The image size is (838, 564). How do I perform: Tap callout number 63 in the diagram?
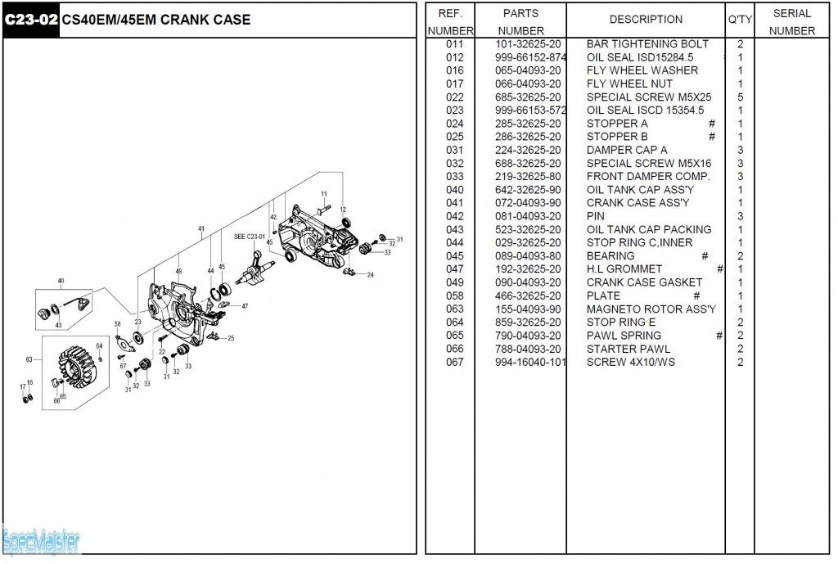(29, 359)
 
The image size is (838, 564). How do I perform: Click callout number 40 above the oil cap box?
(61, 281)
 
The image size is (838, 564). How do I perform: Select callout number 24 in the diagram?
(370, 275)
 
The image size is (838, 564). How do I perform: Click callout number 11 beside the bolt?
(324, 194)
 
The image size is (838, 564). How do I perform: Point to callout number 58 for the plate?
(118, 324)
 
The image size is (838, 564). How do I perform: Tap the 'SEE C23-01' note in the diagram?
(249, 237)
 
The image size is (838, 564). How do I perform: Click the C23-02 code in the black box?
(31, 20)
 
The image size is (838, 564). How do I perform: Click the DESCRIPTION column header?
(646, 20)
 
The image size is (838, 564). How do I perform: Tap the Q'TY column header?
(740, 20)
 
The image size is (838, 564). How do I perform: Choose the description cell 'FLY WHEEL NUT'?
(629, 84)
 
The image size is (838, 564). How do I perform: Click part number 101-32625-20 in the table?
(528, 44)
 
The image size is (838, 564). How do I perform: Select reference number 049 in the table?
(455, 282)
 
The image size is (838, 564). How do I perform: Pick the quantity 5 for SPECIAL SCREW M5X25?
(740, 97)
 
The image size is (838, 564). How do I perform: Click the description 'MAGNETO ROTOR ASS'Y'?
(651, 309)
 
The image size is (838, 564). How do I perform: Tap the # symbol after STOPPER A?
(711, 124)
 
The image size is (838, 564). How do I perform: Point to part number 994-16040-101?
(530, 362)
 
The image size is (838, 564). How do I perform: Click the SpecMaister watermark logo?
(41, 543)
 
